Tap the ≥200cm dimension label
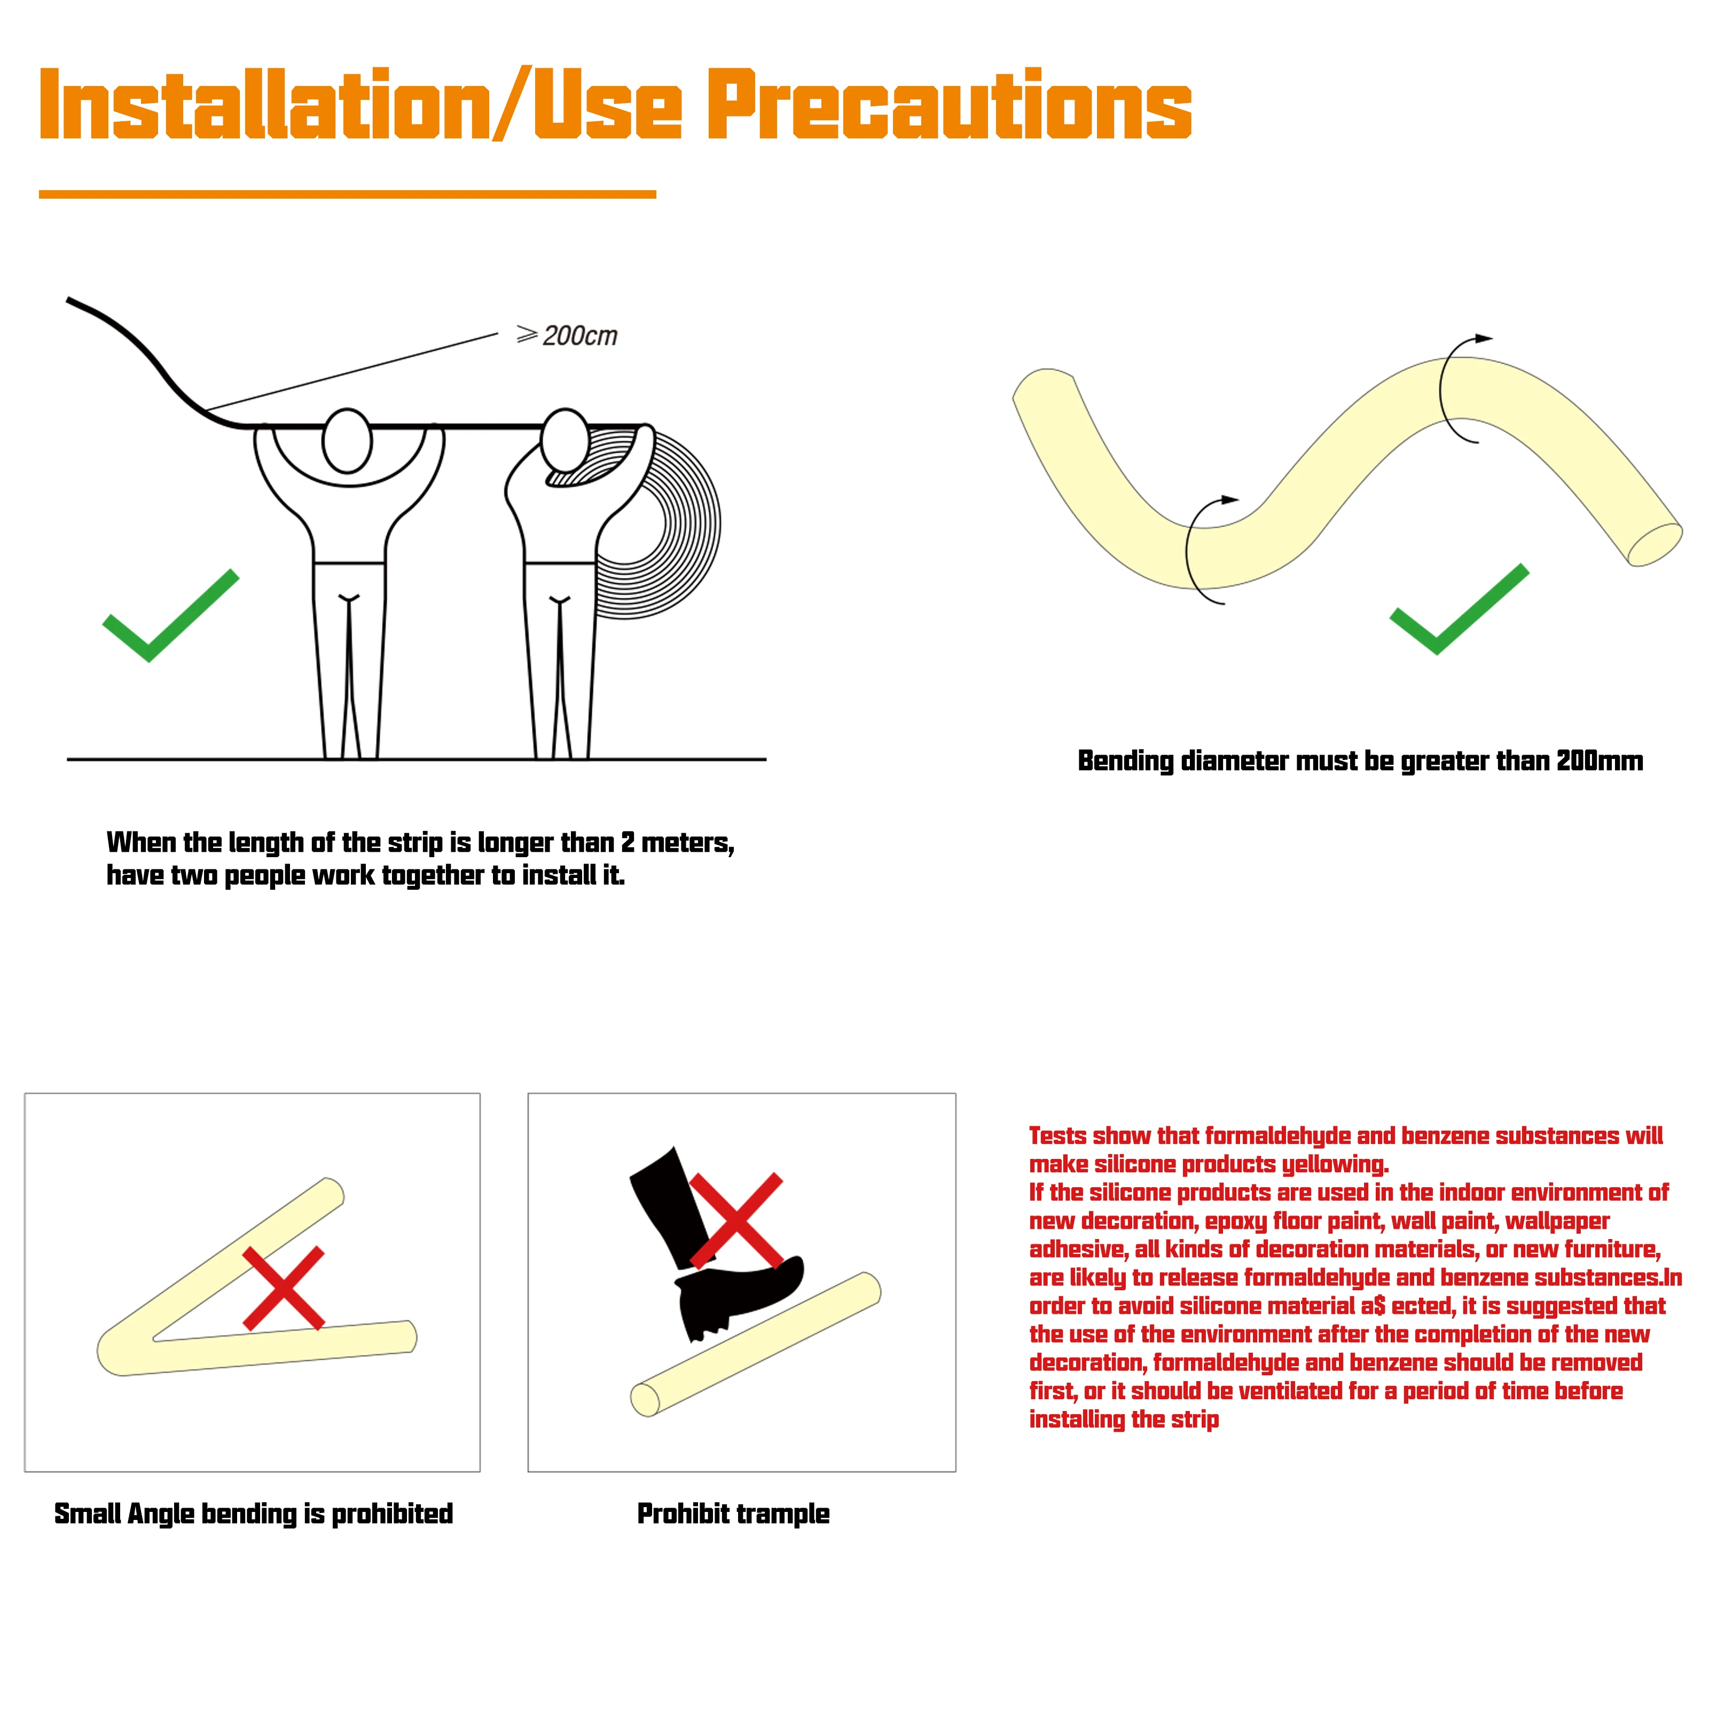(x=567, y=335)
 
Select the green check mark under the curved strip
(x=1460, y=609)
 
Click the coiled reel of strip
(x=659, y=522)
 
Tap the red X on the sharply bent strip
(x=283, y=1289)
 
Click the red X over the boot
(x=736, y=1221)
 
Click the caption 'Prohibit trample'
(x=733, y=1514)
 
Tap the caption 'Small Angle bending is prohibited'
(x=253, y=1514)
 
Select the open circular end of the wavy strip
(x=1655, y=544)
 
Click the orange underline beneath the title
(x=348, y=194)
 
